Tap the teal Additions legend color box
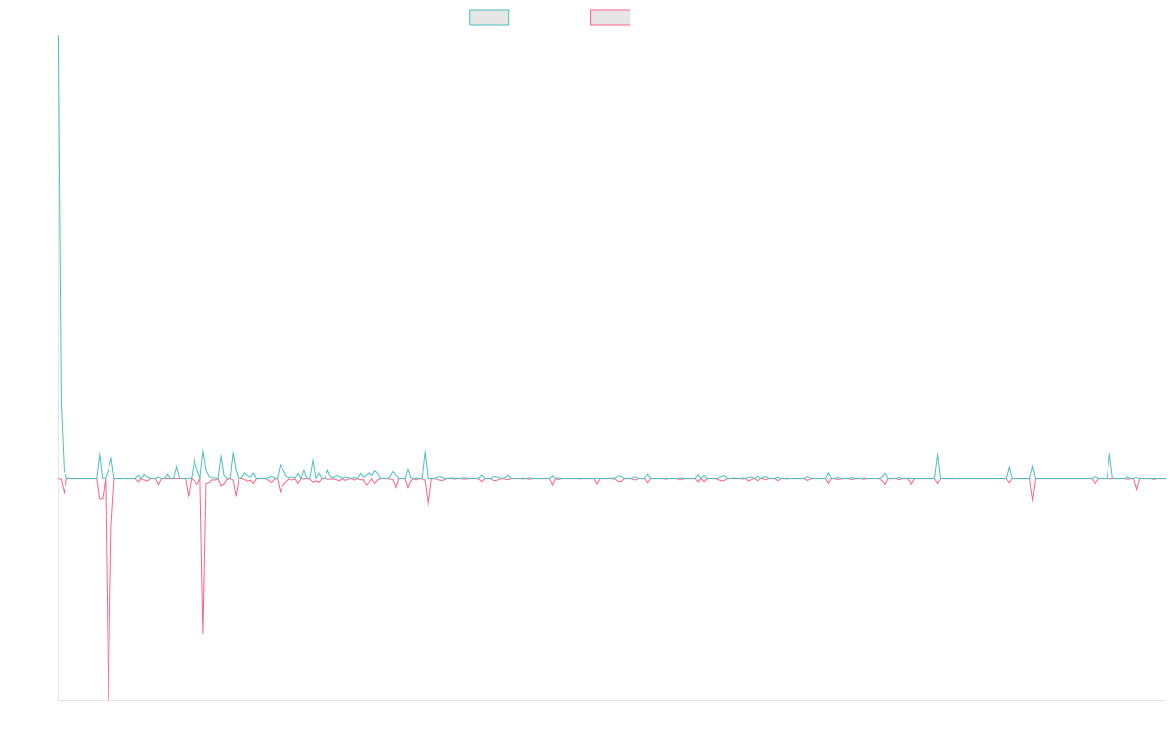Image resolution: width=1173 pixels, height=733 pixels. (x=490, y=18)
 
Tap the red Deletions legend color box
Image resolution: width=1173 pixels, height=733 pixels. (x=610, y=18)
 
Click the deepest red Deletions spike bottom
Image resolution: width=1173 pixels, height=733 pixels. (x=108, y=699)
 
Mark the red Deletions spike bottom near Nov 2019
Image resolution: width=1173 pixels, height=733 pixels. (x=203, y=634)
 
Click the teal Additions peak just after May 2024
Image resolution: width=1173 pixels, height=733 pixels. (x=937, y=453)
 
